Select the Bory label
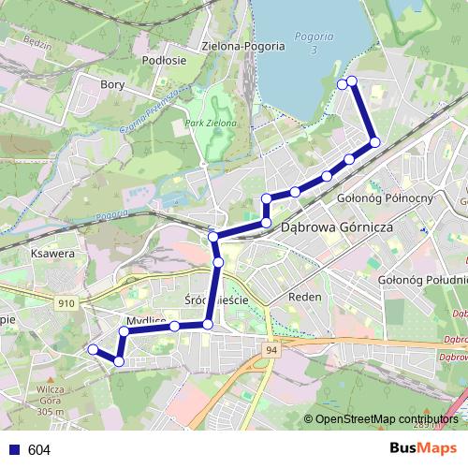pos(112,84)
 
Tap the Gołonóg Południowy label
pos(422,279)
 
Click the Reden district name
pos(306,297)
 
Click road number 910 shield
pos(66,303)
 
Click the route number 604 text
pos(38,450)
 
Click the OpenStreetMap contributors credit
pos(386,418)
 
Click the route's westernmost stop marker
pos(93,349)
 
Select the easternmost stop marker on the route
pos(374,142)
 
